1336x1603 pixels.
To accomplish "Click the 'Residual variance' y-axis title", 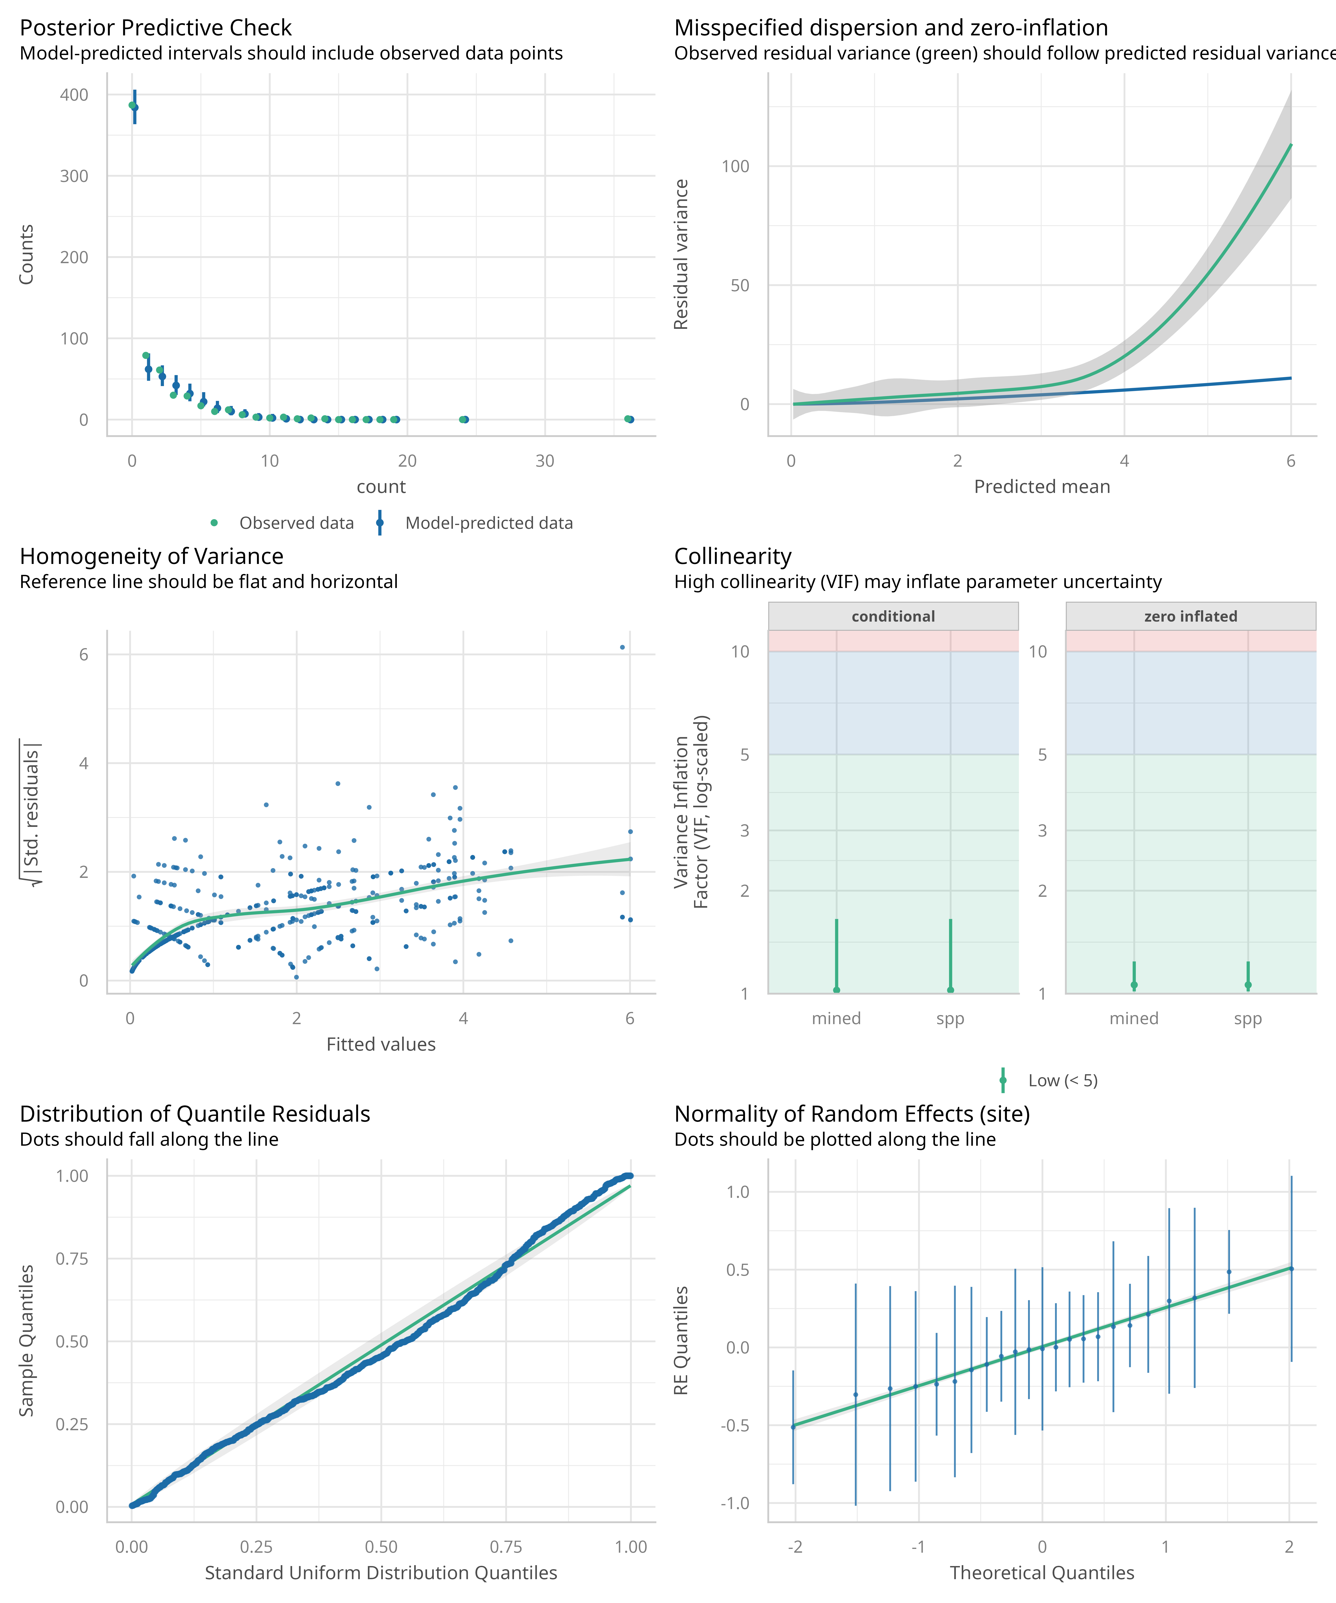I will click(x=681, y=254).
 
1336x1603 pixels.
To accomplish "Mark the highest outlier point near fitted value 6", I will click(x=622, y=647).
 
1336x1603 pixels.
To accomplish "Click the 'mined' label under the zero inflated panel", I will click(x=1134, y=1018).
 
